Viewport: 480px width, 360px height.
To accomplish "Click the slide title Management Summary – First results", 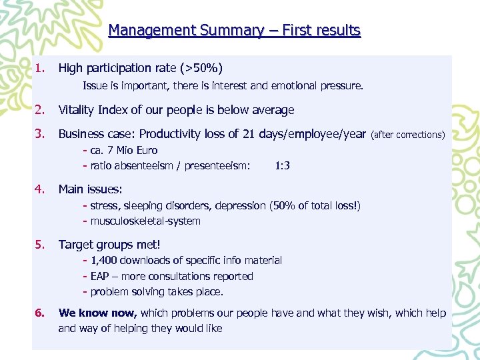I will [234, 31].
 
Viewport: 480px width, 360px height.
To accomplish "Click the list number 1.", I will [41, 68].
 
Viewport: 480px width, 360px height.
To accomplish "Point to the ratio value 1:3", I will [282, 165].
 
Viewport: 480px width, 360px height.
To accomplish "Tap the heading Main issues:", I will [90, 189].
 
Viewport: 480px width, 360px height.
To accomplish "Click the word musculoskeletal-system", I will [145, 221].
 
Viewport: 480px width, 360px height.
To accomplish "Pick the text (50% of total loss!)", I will [315, 205].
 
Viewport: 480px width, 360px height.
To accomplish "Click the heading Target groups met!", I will [109, 245].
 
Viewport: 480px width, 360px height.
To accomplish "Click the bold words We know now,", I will [98, 313].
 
